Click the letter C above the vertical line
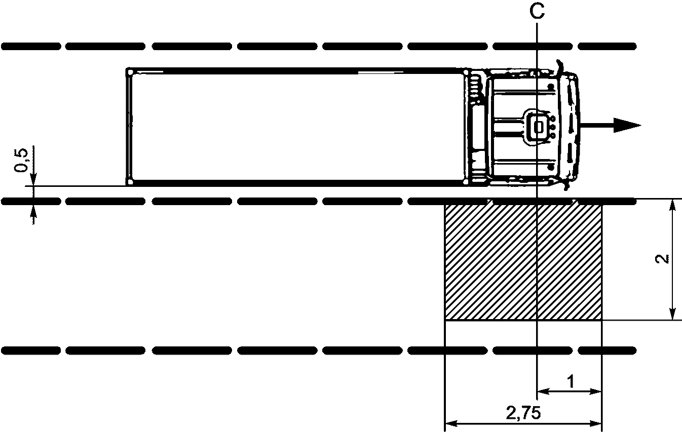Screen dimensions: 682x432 [x=537, y=12]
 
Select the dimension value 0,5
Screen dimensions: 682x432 [x=22, y=161]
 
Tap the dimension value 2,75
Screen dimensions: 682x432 [x=523, y=413]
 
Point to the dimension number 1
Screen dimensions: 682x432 [x=570, y=381]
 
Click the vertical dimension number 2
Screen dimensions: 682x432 [x=662, y=259]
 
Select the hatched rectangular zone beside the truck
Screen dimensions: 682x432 [x=523, y=262]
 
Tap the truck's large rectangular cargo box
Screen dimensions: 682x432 [x=295, y=127]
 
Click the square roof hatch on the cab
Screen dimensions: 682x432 [x=539, y=127]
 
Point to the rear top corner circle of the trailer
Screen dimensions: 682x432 [x=130, y=72]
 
